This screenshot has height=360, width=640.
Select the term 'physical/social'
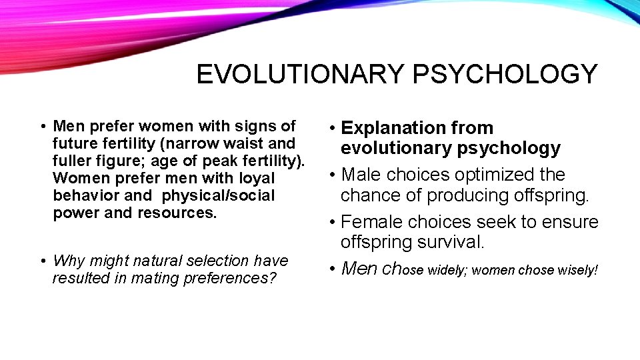(218, 195)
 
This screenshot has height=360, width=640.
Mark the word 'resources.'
(177, 213)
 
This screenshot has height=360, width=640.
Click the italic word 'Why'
(67, 261)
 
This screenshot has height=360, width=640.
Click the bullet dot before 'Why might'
(42, 261)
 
